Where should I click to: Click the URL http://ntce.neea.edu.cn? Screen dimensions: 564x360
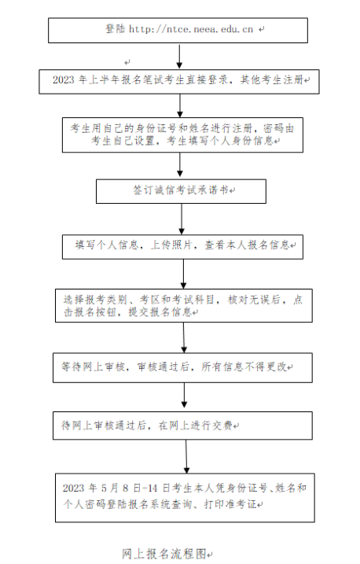tap(189, 29)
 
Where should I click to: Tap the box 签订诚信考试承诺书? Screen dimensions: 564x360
tap(181, 191)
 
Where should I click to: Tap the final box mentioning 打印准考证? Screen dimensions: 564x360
tap(185, 496)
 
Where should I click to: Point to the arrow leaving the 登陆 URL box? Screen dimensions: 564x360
tap(179, 56)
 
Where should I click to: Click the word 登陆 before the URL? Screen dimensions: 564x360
tap(115, 29)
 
